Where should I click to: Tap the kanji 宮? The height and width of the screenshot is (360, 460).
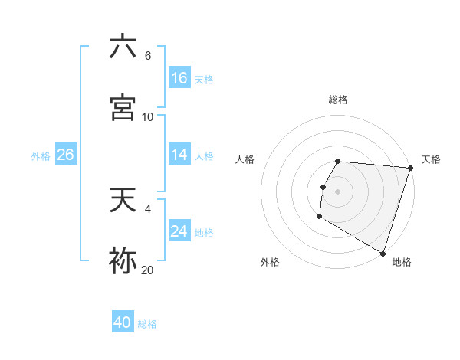123,106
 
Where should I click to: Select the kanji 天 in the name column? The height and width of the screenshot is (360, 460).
123,201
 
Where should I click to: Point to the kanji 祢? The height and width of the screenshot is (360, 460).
123,260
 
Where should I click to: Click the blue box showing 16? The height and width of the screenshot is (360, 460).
179,77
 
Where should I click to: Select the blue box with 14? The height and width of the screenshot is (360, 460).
179,154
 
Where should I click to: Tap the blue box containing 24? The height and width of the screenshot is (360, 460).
179,231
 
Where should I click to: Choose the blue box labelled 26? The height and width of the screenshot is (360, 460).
65,154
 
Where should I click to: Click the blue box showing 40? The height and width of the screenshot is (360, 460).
123,322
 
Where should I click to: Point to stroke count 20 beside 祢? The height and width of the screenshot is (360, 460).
147,269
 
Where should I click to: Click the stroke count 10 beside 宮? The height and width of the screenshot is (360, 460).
147,116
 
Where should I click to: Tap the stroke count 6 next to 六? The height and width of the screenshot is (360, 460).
147,56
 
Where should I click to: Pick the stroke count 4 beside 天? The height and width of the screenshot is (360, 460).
147,208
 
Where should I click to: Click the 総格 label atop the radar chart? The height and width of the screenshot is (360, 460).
338,100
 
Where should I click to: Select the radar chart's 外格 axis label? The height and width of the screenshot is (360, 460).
270,262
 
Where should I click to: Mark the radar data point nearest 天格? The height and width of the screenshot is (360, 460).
410,168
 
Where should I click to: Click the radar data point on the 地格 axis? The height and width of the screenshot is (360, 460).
383,252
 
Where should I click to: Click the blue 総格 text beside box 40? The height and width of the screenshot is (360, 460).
147,324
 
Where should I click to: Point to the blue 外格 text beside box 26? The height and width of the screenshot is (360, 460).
41,155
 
